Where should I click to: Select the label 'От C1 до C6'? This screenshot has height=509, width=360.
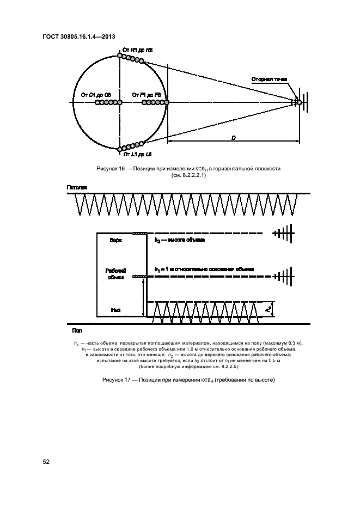coord(96,95)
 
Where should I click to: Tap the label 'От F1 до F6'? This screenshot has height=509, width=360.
coord(147,95)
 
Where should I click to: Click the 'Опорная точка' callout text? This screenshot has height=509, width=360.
coord(269,79)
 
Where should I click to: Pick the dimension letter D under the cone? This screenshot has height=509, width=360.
coord(233,138)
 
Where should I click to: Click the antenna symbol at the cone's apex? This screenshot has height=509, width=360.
coord(301,102)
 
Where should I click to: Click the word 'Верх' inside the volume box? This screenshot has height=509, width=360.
coord(116,240)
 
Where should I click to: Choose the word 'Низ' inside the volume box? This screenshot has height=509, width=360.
coord(115,310)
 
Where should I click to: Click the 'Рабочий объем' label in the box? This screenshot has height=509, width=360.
coord(115,273)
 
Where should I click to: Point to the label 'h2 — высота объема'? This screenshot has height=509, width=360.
coord(179,240)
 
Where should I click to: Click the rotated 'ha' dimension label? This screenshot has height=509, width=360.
coord(268,309)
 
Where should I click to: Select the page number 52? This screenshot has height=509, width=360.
coord(46,462)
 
